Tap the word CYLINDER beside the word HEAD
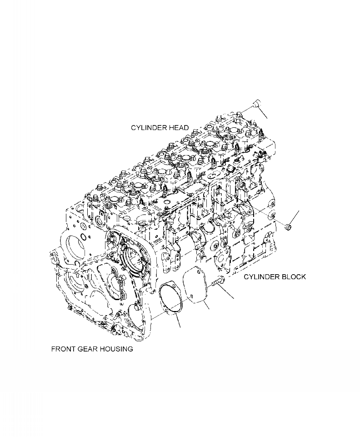(148, 128)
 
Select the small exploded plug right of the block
(288, 226)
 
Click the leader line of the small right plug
(295, 216)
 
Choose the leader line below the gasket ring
(179, 322)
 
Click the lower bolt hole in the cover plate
(193, 298)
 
